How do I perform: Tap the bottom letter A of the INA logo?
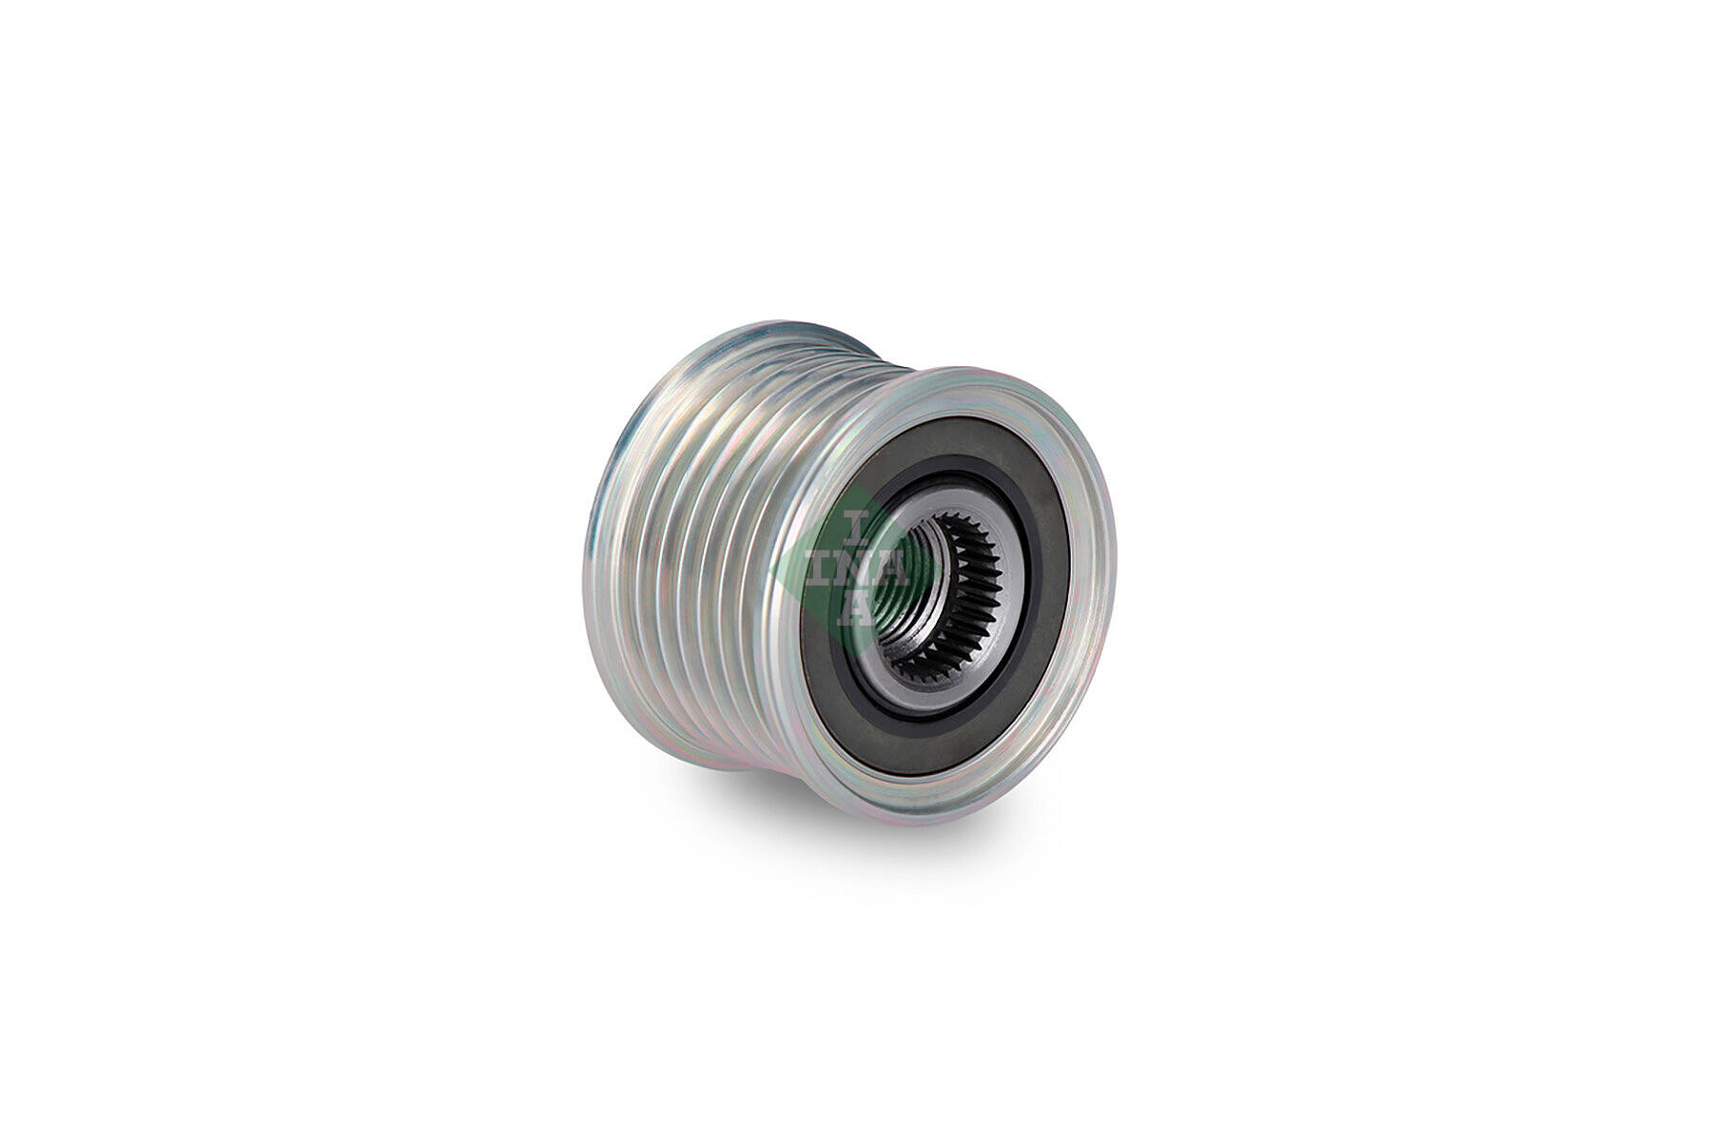(857, 609)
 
